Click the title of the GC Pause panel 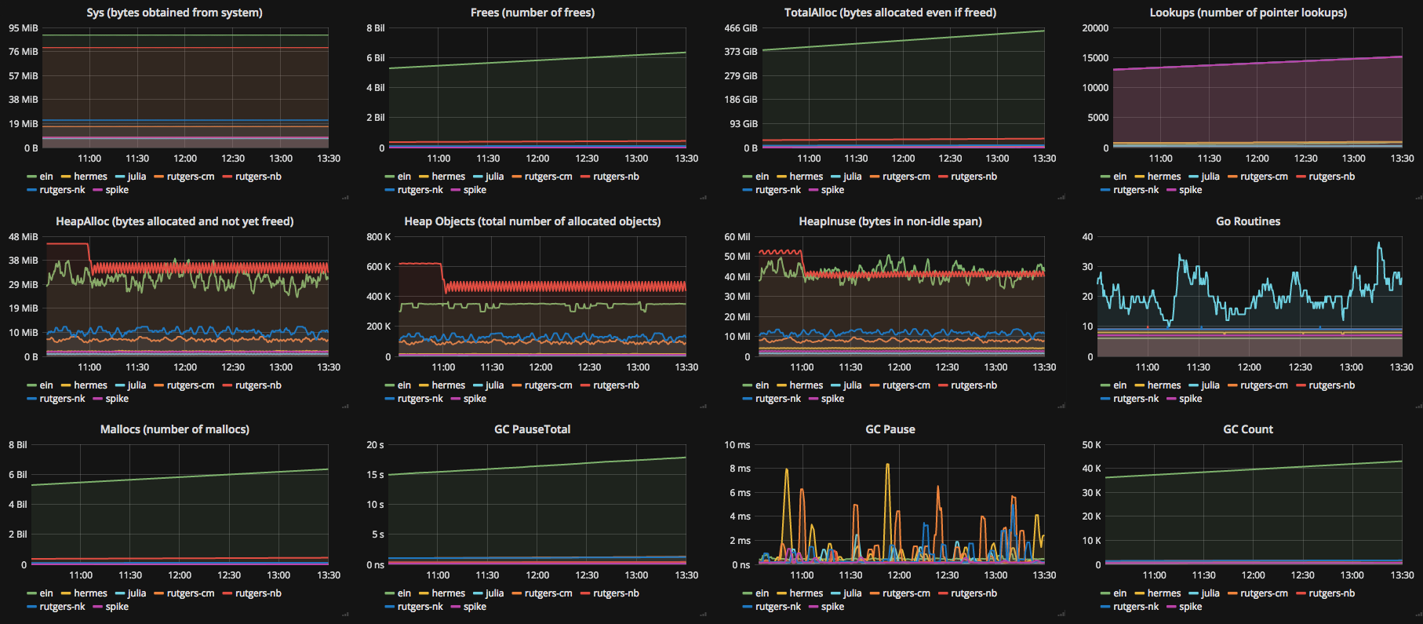(890, 429)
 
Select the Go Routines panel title (1247, 221)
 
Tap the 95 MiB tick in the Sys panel (24, 28)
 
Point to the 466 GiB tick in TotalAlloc (741, 28)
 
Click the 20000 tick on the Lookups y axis (1095, 28)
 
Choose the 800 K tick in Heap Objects (378, 237)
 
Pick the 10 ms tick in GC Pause (737, 445)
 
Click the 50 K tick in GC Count (1091, 445)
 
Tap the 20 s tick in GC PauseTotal (375, 445)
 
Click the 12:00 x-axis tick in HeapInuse (899, 367)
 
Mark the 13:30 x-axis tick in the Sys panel (328, 159)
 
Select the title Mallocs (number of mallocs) (174, 429)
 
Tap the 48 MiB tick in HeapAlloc (24, 237)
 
